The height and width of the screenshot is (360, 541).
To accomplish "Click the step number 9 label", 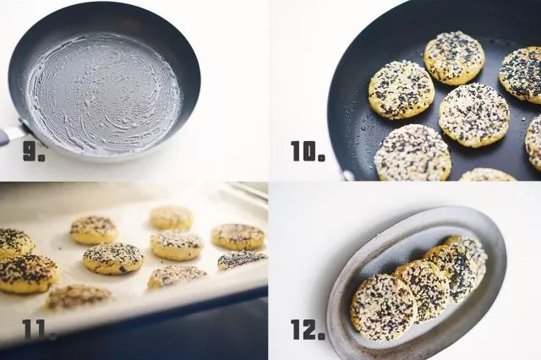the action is pyautogui.click(x=34, y=151).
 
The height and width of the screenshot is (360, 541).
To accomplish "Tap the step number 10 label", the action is pyautogui.click(x=308, y=151).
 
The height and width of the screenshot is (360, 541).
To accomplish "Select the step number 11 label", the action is pyautogui.click(x=39, y=330).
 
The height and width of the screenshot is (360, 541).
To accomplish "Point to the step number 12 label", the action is pyautogui.click(x=308, y=330).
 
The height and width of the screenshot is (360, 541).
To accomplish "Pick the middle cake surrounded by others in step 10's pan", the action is pyautogui.click(x=473, y=111).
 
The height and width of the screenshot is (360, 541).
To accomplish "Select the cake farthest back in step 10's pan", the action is pyautogui.click(x=454, y=58).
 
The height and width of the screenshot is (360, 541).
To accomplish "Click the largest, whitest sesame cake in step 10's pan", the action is pyautogui.click(x=413, y=152).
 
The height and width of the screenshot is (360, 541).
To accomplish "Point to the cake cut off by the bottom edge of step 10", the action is pyautogui.click(x=487, y=175).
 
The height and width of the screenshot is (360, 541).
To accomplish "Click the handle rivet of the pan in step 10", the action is pyautogui.click(x=347, y=175).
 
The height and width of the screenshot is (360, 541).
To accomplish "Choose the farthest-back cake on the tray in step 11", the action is pyautogui.click(x=172, y=217).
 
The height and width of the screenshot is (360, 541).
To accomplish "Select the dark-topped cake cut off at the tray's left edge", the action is pyautogui.click(x=14, y=243).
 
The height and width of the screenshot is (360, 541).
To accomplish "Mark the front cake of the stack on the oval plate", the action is pyautogui.click(x=384, y=306).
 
